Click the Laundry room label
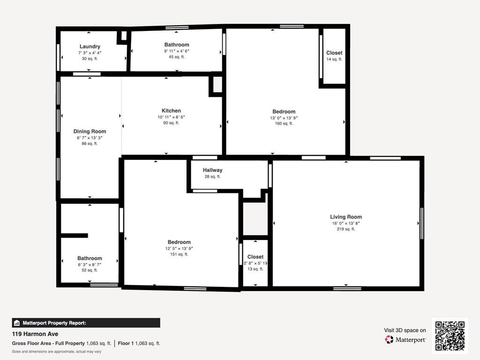point(90,46)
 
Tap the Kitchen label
point(171,111)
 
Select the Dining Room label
point(90,131)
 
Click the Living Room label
point(346,217)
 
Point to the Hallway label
point(212,170)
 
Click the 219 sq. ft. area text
point(346,229)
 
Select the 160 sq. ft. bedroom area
point(284,124)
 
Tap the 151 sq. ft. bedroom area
point(179,255)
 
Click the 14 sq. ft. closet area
point(334,60)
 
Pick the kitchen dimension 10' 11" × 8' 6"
point(171,117)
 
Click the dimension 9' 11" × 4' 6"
point(177,51)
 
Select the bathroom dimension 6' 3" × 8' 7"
point(90,264)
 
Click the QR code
point(450,336)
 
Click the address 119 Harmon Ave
point(35,334)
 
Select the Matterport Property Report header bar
point(86,323)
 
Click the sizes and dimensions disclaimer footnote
point(57,352)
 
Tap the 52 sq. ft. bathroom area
point(90,270)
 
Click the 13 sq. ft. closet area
point(255,269)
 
